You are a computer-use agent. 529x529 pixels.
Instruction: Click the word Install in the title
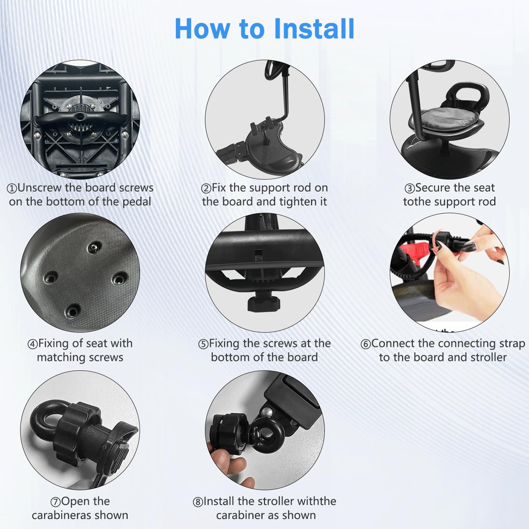click(x=314, y=29)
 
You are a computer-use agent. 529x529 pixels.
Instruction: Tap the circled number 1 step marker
click(x=12, y=188)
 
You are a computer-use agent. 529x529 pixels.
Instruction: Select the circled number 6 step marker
click(x=365, y=344)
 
